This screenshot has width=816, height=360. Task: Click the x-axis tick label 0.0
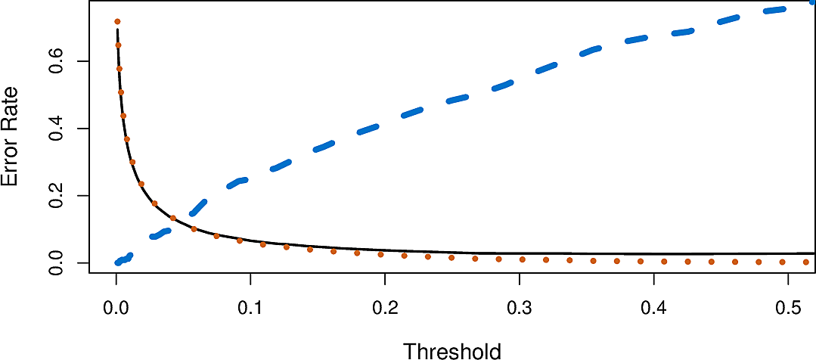(116, 309)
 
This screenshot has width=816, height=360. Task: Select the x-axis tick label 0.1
(250, 309)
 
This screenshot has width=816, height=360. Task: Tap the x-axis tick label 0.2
(385, 309)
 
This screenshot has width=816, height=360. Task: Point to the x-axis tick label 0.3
(520, 309)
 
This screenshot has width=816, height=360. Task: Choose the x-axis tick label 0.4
(654, 309)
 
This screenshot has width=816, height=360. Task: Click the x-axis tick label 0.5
(788, 309)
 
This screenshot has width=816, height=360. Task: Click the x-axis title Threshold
(451, 351)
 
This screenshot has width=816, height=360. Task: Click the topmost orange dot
(117, 21)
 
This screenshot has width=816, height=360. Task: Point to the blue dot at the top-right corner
(812, 2)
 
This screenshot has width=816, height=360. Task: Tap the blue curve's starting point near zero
(117, 262)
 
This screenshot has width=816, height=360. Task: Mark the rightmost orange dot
(806, 262)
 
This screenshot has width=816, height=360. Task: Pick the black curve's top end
(117, 30)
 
